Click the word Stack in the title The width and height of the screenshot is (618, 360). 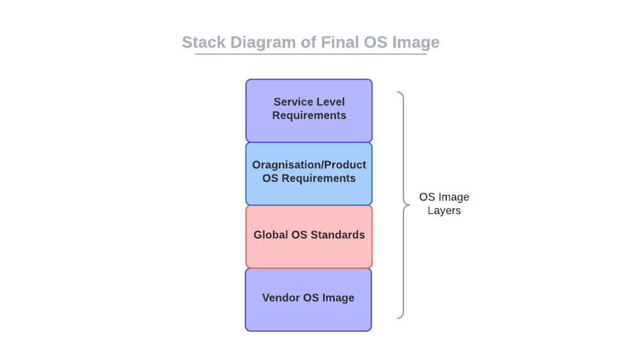pos(204,42)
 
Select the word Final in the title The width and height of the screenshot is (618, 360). pos(340,42)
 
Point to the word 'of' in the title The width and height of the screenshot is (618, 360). pos(308,42)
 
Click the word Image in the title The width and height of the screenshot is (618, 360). pos(416,43)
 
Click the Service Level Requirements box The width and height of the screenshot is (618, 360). pos(309,110)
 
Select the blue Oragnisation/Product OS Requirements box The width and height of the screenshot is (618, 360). pos(309,174)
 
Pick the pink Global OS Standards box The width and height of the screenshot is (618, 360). pos(309,237)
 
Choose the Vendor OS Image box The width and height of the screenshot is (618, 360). pos(308,300)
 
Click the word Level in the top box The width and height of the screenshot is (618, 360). pos(330,102)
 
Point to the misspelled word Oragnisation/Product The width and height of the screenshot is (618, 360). pos(309,166)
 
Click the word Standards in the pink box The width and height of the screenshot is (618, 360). pos(337,235)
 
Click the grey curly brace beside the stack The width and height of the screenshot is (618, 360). pos(403,205)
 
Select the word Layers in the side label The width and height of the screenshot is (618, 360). pos(444,211)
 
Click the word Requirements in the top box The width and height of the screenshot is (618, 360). pos(309,116)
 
